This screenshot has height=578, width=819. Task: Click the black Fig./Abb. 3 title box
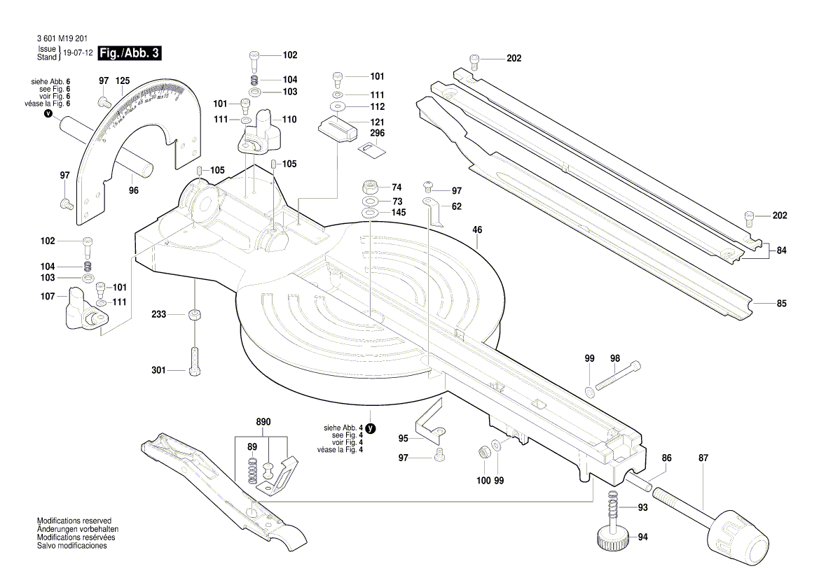131,53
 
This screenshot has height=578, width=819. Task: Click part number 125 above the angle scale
122,81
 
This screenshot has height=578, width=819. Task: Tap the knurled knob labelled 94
611,540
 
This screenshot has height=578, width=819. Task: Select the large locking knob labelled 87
740,536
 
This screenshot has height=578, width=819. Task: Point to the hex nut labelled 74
371,188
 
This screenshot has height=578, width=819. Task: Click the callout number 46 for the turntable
477,230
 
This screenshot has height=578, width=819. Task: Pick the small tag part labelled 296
370,148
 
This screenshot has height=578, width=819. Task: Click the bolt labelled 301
194,361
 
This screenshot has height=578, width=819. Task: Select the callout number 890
263,422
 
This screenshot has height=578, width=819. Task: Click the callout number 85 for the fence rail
781,304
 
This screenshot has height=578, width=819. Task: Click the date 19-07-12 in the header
78,53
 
